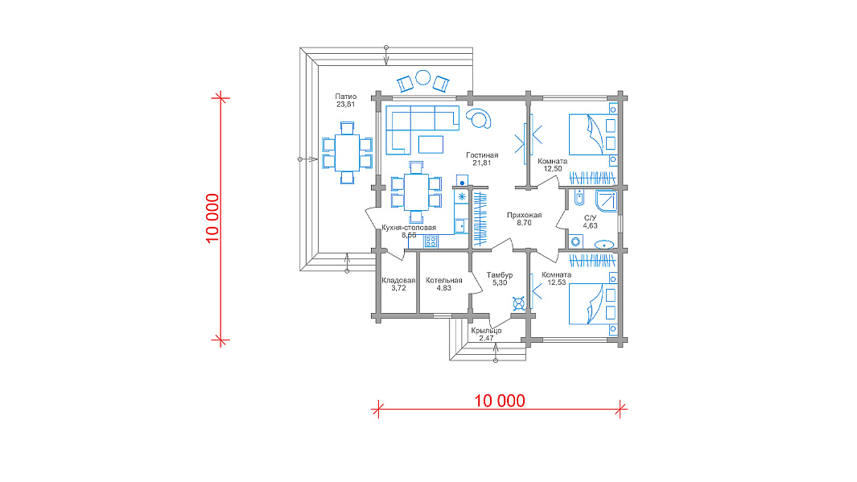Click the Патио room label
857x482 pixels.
346,97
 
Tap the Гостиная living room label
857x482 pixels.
482,155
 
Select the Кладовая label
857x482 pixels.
398,280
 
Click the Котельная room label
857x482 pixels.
444,280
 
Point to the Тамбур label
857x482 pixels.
500,275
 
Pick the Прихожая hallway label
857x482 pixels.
524,215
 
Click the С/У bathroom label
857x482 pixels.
591,217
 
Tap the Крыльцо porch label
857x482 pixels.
486,331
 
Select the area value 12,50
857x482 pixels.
553,169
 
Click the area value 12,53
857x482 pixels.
556,282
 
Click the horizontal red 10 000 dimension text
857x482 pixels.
500,401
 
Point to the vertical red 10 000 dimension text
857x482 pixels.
212,218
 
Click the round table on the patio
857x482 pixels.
423,77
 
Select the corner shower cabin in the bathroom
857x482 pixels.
607,200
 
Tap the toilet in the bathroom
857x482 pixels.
579,197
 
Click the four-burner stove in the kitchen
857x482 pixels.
431,241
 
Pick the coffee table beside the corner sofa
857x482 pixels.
431,144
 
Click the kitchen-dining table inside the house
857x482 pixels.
417,192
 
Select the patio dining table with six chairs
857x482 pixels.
347,153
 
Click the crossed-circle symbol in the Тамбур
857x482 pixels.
519,303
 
